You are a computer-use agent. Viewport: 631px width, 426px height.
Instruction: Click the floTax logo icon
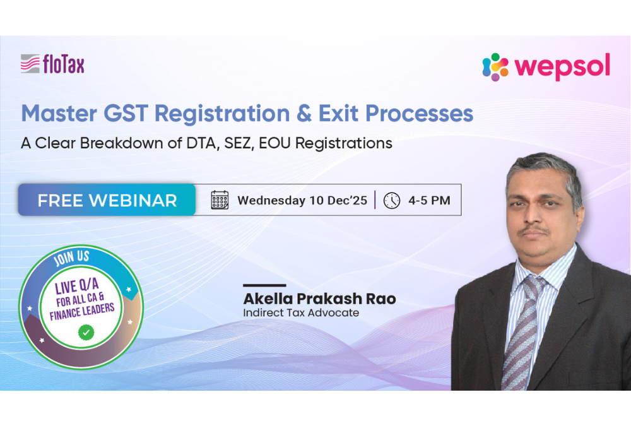click(30, 64)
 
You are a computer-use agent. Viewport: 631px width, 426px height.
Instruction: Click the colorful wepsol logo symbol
click(495, 67)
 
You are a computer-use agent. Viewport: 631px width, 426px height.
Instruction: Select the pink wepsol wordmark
click(562, 67)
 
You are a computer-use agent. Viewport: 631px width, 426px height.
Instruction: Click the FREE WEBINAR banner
click(107, 200)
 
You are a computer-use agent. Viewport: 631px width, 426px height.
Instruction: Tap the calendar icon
click(220, 200)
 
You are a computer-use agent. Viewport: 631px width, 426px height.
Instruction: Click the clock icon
click(392, 200)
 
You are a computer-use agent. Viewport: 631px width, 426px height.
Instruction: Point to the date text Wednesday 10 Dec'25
click(302, 201)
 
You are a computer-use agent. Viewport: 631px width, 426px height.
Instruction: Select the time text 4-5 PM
click(429, 201)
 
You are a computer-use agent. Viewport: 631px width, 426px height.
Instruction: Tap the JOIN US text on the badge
click(73, 259)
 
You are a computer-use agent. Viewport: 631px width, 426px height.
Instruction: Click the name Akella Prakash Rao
click(319, 299)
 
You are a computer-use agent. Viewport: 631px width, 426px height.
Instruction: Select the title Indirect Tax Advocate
click(301, 312)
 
